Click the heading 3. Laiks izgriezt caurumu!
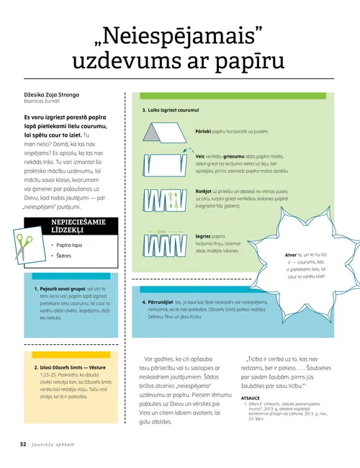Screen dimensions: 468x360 171,111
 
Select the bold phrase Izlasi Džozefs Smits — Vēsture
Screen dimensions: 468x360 69,367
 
